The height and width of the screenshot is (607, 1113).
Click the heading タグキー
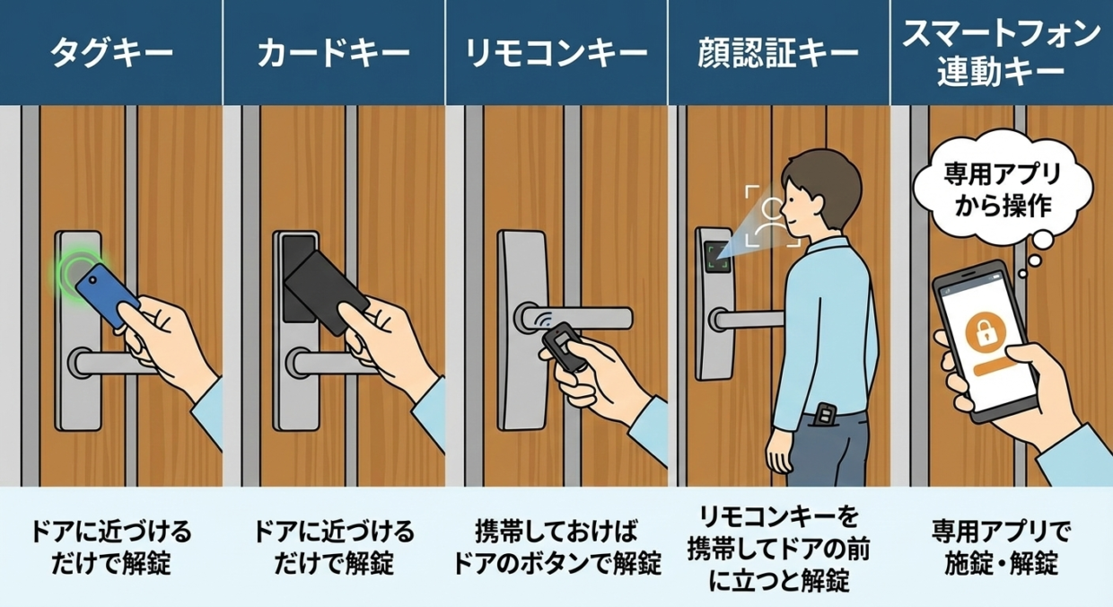coord(111,53)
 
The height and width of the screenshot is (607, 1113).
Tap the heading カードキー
coord(333,53)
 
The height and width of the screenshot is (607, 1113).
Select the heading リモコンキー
coord(556,53)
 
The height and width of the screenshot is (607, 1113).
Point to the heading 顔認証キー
coord(778,53)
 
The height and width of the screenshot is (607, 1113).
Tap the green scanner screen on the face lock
coord(717,257)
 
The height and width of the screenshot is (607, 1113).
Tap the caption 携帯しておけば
coord(556,532)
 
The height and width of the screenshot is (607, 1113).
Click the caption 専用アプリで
coord(1001,532)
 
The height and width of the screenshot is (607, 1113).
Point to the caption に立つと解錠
coord(778,580)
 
